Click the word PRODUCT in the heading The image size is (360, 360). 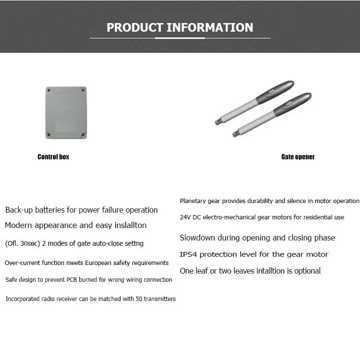(135, 27)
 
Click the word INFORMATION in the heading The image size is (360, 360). (210, 27)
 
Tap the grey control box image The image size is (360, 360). (66, 113)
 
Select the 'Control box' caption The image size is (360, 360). (53, 157)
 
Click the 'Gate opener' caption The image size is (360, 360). (298, 157)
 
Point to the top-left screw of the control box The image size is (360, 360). (48, 90)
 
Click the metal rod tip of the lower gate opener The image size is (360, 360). (235, 133)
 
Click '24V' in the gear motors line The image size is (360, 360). (185, 217)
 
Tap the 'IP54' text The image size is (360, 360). (189, 254)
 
